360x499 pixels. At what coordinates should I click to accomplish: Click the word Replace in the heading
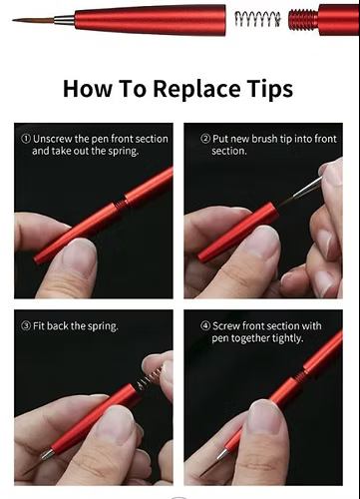tap(196, 90)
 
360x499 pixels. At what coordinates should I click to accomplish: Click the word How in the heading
tap(88, 89)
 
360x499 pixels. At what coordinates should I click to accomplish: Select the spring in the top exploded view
tap(257, 19)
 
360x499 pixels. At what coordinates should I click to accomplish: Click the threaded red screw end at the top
tap(303, 19)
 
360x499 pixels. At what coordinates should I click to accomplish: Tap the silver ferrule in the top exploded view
tap(64, 20)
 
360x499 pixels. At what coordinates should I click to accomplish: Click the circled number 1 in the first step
tap(26, 139)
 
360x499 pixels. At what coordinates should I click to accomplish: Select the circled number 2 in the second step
tap(205, 139)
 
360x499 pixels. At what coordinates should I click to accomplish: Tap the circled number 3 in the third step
tap(26, 325)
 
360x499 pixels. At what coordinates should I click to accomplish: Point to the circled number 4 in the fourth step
tap(205, 325)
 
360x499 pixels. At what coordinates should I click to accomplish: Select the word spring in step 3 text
tap(103, 326)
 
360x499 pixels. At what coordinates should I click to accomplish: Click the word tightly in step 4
tap(287, 338)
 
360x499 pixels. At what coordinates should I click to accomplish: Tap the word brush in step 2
tap(264, 139)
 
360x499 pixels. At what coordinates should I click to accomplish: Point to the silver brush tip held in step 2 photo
tap(307, 188)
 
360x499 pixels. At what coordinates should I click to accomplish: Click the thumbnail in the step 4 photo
tap(265, 416)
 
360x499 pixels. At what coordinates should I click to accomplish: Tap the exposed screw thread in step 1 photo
tap(122, 203)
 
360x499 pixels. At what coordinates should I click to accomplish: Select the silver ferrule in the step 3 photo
tap(47, 455)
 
